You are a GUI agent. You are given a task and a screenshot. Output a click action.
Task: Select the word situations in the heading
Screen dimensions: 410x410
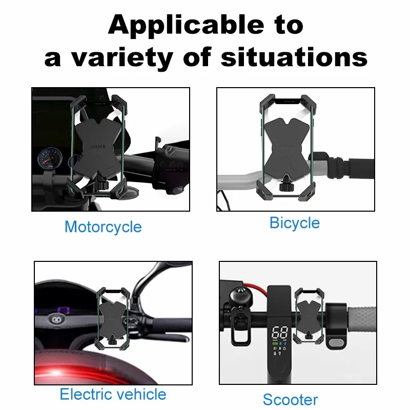coord(294,57)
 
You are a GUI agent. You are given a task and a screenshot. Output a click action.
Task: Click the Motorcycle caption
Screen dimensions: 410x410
coord(103,227)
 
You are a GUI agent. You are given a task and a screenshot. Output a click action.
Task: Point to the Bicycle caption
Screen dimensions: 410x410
coord(294,223)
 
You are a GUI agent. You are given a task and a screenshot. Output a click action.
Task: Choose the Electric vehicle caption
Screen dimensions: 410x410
coord(113,394)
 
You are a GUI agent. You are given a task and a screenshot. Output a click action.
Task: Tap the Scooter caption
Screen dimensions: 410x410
coord(290,399)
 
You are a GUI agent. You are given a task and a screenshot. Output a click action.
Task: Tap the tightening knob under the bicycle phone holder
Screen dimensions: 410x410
coord(284,187)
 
